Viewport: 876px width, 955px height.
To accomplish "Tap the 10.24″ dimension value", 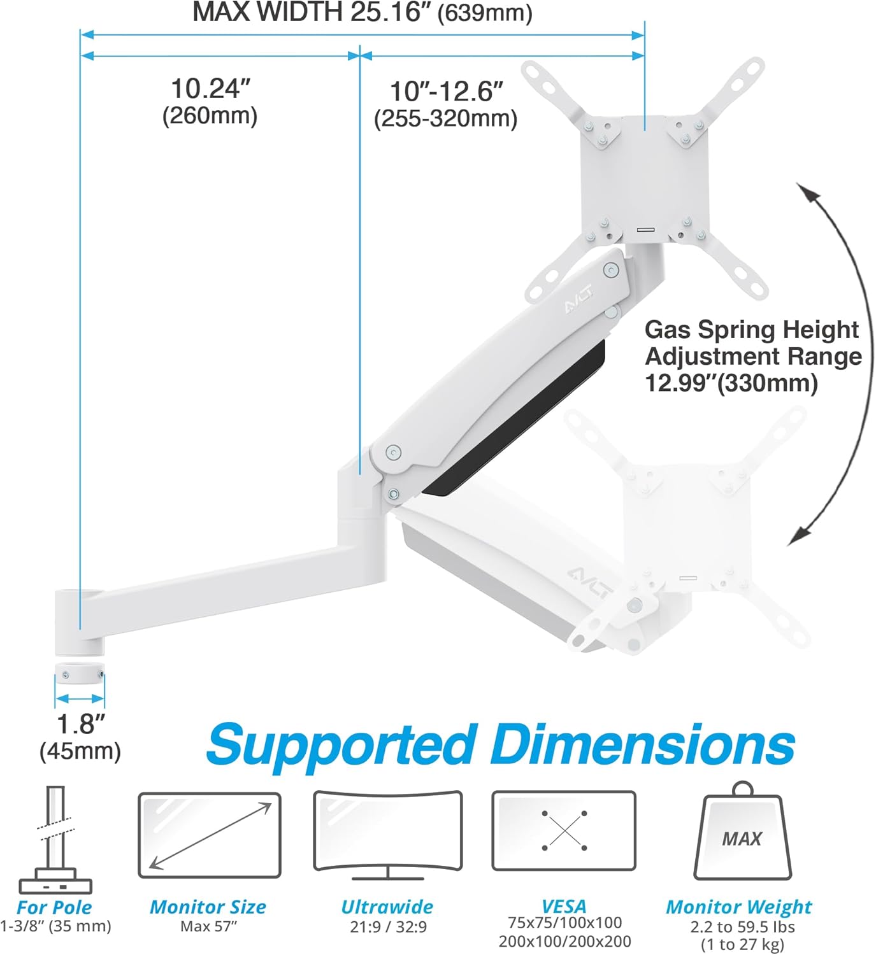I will pos(210,89).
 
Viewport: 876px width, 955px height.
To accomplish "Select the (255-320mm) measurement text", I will pos(445,119).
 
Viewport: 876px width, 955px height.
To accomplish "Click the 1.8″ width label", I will pos(80,724).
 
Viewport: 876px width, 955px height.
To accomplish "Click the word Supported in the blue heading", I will pos(341,745).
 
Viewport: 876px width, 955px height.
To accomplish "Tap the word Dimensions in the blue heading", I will pos(643,745).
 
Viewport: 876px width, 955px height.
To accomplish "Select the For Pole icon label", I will pos(55,907).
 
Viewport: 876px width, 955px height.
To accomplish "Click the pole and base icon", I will pos(55,840).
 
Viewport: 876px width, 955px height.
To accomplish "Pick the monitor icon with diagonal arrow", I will pos(210,835).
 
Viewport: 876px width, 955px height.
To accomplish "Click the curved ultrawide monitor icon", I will pos(388,835).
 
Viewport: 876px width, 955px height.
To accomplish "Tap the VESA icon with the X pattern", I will pos(564,831).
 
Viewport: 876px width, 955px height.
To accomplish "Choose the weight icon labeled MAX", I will pos(742,834).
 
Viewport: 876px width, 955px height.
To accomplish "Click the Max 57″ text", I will pos(208,926).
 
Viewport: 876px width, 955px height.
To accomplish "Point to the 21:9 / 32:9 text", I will pos(388,926).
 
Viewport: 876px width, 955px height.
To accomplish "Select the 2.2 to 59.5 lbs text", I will pos(742,926).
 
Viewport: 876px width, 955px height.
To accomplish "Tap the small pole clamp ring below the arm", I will pos(80,674).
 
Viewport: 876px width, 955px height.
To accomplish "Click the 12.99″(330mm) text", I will pos(731,383).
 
